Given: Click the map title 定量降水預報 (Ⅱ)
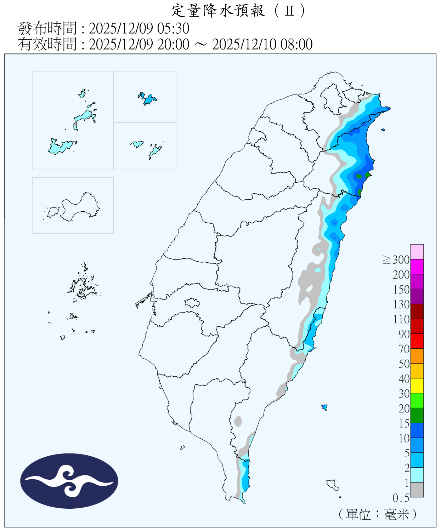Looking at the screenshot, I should pyautogui.click(x=238, y=11).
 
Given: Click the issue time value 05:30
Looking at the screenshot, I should pyautogui.click(x=176, y=28).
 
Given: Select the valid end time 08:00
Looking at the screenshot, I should pyautogui.click(x=296, y=45).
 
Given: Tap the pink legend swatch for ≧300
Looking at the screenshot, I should pyautogui.click(x=417, y=252).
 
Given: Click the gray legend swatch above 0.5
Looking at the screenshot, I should pyautogui.click(x=417, y=490).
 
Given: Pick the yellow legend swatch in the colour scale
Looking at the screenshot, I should pyautogui.click(x=417, y=386).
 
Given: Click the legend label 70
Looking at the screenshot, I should pyautogui.click(x=404, y=349).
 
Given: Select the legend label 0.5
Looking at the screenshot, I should pyautogui.click(x=401, y=498).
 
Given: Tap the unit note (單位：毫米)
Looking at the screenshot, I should pyautogui.click(x=377, y=514).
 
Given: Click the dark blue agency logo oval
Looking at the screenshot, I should pyautogui.click(x=69, y=481).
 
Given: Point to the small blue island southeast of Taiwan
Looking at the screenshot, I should pyautogui.click(x=324, y=407).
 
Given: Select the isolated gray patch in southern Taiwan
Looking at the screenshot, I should pyautogui.click(x=238, y=421).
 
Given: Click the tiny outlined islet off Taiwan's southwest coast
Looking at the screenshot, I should pyautogui.click(x=182, y=448).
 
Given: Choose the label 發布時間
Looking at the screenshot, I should pyautogui.click(x=47, y=28).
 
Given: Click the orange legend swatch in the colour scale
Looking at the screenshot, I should pyautogui.click(x=417, y=356).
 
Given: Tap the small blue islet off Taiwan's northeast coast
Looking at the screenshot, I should pyautogui.click(x=383, y=130).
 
